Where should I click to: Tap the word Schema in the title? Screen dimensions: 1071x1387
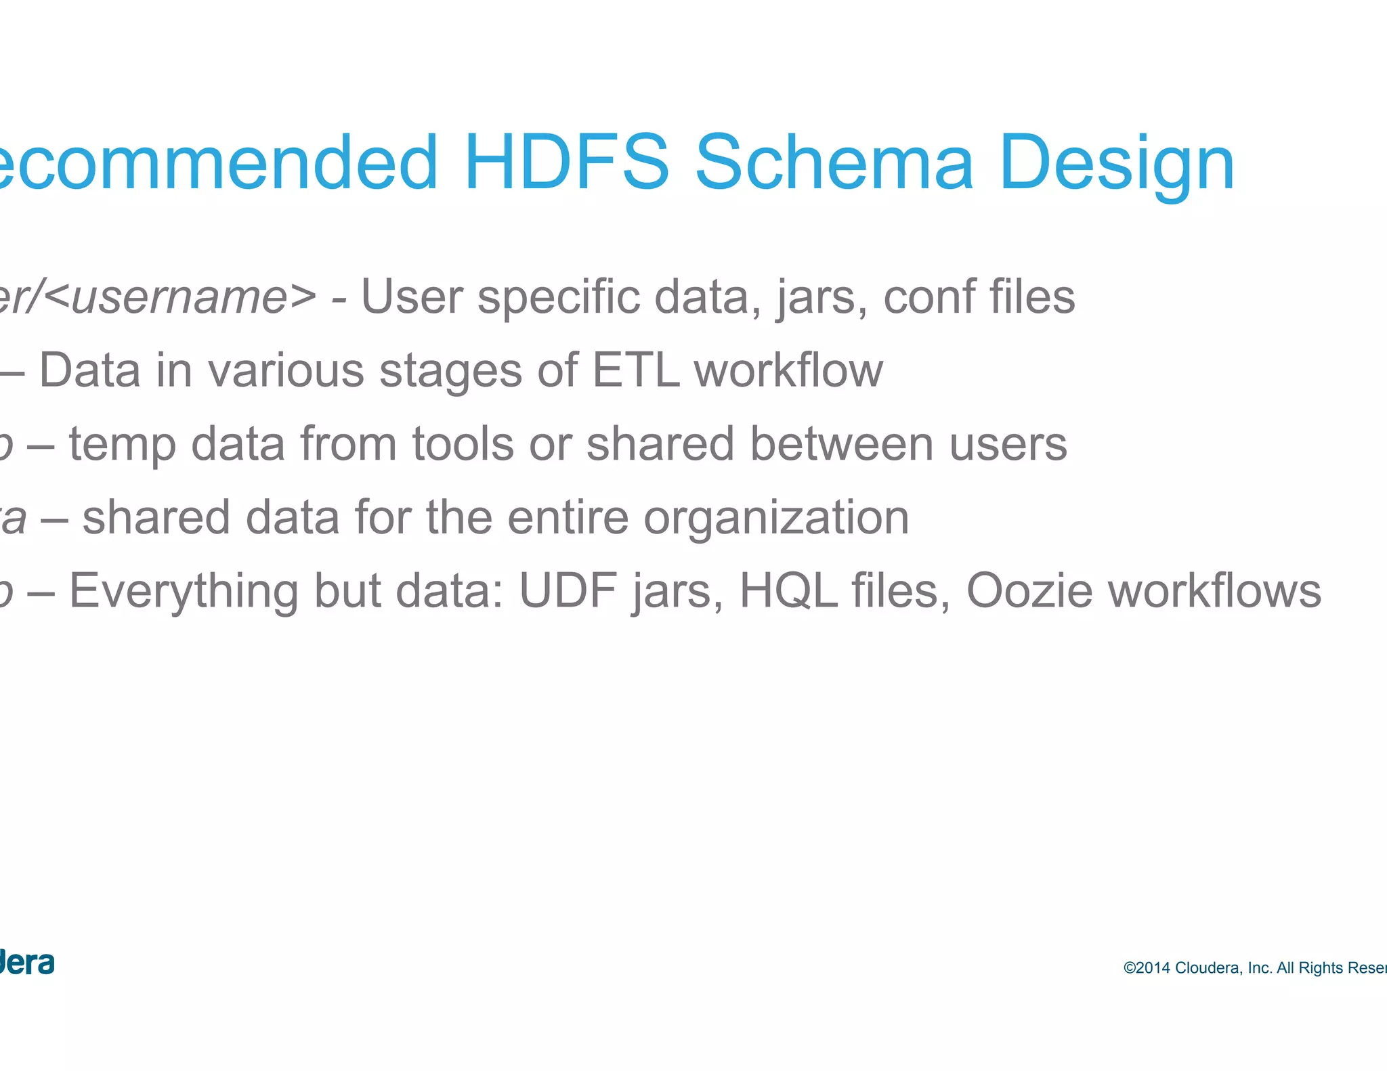click(834, 162)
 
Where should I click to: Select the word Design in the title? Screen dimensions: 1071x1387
click(1117, 162)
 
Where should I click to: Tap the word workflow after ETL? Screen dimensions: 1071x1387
click(788, 370)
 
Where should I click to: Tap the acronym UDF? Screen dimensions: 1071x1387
click(568, 591)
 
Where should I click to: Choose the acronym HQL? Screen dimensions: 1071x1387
click(788, 591)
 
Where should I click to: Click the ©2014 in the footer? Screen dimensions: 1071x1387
click(1147, 968)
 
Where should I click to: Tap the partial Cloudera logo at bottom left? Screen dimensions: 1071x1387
click(27, 963)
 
